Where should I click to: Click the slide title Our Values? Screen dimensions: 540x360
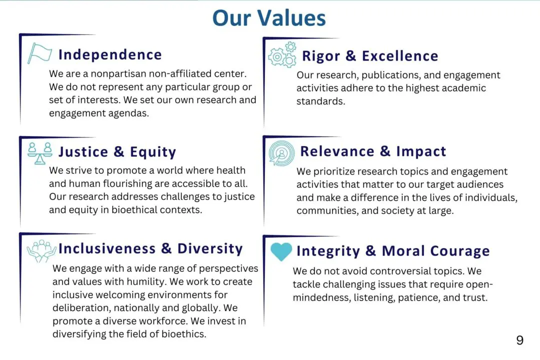(x=269, y=18)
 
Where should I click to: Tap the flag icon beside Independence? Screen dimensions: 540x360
(x=39, y=53)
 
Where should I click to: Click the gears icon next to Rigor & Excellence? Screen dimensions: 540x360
(x=282, y=54)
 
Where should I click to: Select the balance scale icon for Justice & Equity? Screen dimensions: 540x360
(x=39, y=153)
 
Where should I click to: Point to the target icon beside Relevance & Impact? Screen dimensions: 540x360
(x=281, y=153)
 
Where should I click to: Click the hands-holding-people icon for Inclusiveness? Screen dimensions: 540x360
(x=41, y=251)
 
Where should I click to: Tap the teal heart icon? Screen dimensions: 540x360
(x=281, y=251)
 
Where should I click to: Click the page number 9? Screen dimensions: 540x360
(x=519, y=340)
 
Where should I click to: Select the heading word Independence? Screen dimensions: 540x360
(x=110, y=55)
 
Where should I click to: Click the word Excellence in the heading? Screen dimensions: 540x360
(x=400, y=56)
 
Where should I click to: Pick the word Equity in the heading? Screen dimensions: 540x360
(x=153, y=152)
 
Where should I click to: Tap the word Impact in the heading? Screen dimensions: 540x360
(x=421, y=151)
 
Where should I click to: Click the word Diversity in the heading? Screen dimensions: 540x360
(x=210, y=248)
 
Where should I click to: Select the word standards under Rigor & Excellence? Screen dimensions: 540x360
(x=320, y=101)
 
